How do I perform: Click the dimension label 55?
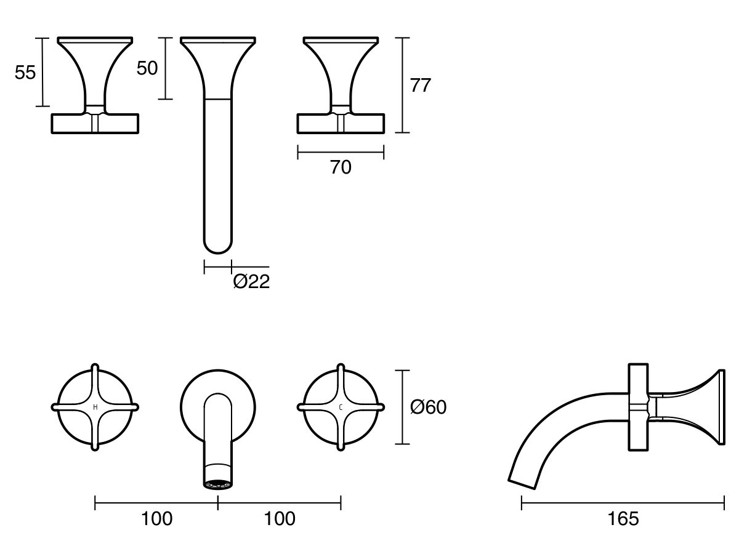(x=25, y=73)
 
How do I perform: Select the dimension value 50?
(x=147, y=68)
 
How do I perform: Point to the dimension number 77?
(x=421, y=86)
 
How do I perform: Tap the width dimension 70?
(x=341, y=167)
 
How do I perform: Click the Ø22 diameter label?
(x=251, y=282)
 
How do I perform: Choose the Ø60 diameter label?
(x=428, y=407)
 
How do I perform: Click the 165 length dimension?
(x=623, y=519)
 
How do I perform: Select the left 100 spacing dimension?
(x=156, y=519)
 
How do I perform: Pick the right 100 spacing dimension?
(x=280, y=519)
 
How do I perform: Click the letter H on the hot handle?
(x=95, y=407)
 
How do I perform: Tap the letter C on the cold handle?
(x=341, y=407)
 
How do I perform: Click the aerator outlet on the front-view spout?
(x=217, y=484)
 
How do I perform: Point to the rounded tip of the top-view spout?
(x=217, y=246)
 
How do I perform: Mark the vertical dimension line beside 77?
(x=402, y=85)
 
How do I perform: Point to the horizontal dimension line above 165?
(x=623, y=504)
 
